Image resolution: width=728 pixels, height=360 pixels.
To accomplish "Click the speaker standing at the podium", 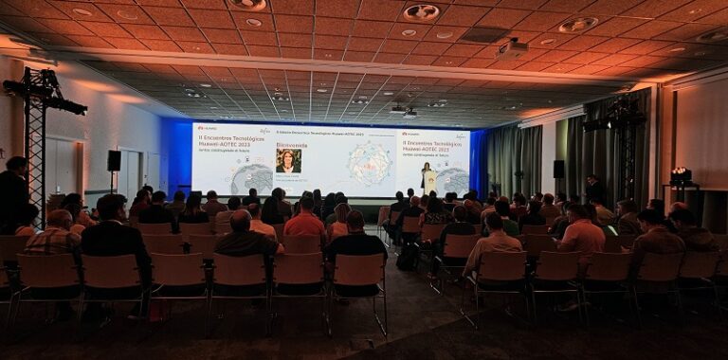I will [x=427, y=173].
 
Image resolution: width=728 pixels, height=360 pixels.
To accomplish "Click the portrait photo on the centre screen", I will [x=288, y=160].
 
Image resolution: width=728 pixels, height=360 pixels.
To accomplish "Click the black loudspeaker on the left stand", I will [x=114, y=160].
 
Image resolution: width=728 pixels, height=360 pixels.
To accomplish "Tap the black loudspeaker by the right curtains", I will [x=558, y=169].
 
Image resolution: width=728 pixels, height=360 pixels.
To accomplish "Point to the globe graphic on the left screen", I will [x=251, y=179].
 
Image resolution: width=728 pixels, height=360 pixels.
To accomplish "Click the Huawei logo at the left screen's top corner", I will [x=206, y=129].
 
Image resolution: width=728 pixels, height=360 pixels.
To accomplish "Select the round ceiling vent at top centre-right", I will [x=421, y=12].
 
